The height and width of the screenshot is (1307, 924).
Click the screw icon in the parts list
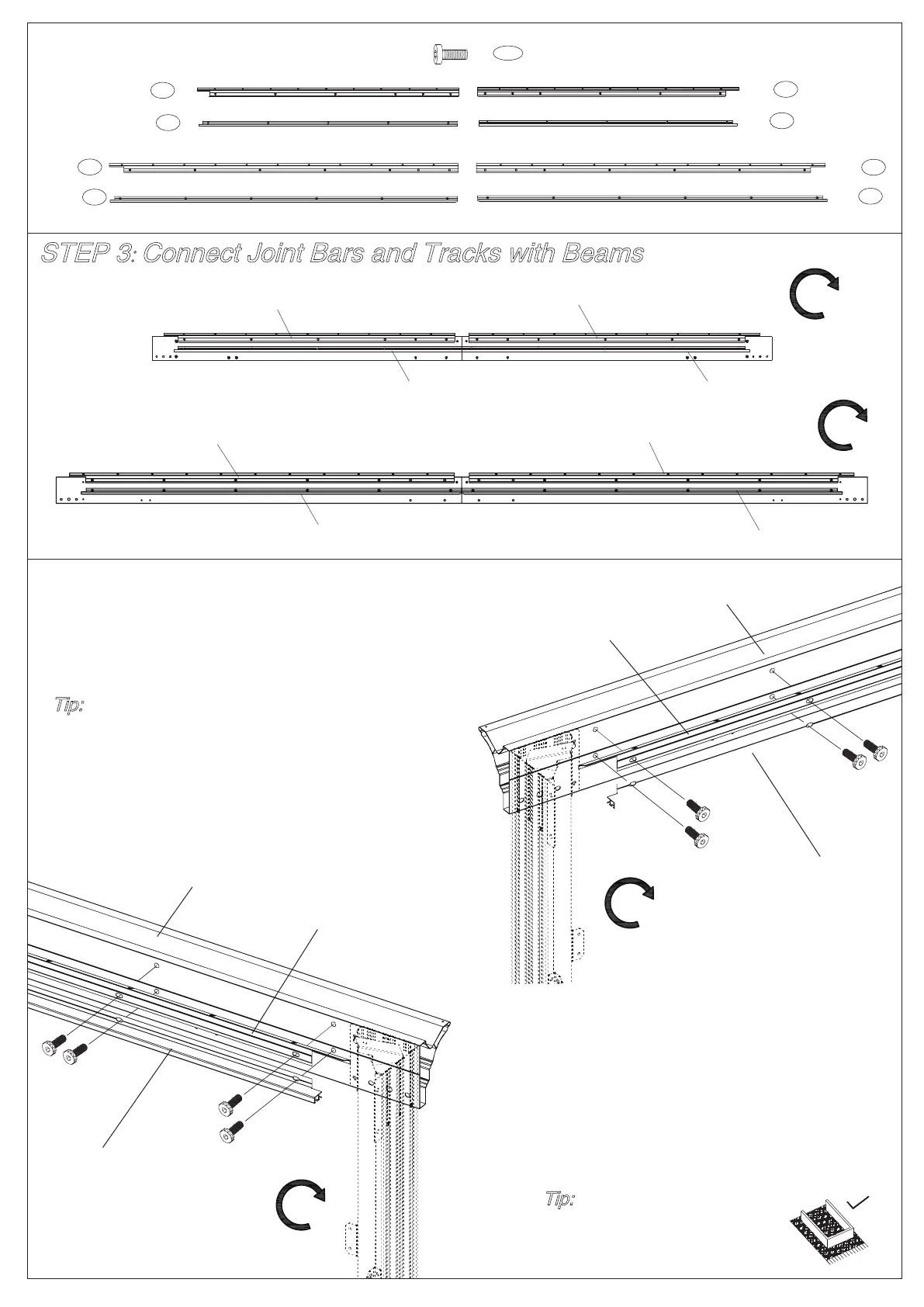pyautogui.click(x=449, y=54)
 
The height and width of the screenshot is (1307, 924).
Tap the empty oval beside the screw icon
pyautogui.click(x=507, y=54)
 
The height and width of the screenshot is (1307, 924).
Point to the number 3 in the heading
pyautogui.click(x=123, y=254)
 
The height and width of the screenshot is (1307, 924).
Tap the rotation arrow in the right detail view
pyautogui.click(x=628, y=903)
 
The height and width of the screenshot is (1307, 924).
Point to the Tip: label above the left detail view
pyautogui.click(x=69, y=706)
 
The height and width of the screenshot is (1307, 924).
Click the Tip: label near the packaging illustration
pyautogui.click(x=560, y=1199)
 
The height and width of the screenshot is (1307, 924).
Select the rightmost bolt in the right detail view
pyautogui.click(x=875, y=750)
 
